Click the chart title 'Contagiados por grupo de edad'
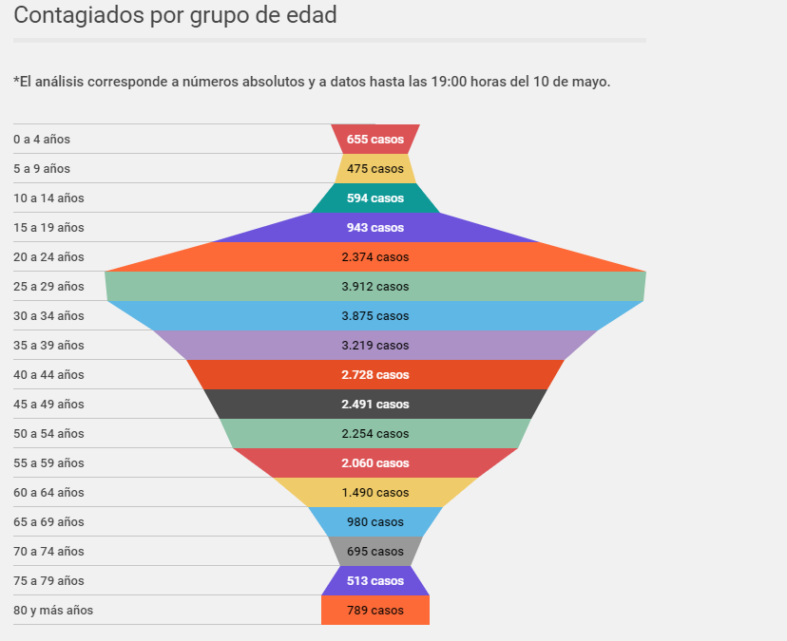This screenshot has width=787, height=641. pos(175,15)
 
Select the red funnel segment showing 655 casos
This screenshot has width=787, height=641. pos(375,139)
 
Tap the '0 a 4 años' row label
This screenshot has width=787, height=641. pos(42,139)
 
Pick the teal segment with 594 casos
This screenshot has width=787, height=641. pos(375,198)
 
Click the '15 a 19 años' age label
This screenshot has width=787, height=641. pos(48,228)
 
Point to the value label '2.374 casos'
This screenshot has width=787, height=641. pos(375,256)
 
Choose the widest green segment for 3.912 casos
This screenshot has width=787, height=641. pos(375,287)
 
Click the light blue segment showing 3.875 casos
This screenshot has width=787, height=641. pos(375,315)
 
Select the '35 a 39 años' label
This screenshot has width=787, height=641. pos(48,345)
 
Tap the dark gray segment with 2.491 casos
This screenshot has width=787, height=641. pos(375,404)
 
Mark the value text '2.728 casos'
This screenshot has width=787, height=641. pos(375,375)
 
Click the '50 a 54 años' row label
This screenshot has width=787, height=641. pos(48,433)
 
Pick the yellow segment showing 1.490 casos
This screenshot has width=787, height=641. pos(375,492)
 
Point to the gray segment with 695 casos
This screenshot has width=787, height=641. pos(375,551)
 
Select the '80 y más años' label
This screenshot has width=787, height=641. pos(53,611)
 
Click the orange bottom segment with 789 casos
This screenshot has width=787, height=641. pos(375,610)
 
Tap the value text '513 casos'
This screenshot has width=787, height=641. pos(375,581)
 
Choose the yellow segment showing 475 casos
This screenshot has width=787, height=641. pos(375,168)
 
